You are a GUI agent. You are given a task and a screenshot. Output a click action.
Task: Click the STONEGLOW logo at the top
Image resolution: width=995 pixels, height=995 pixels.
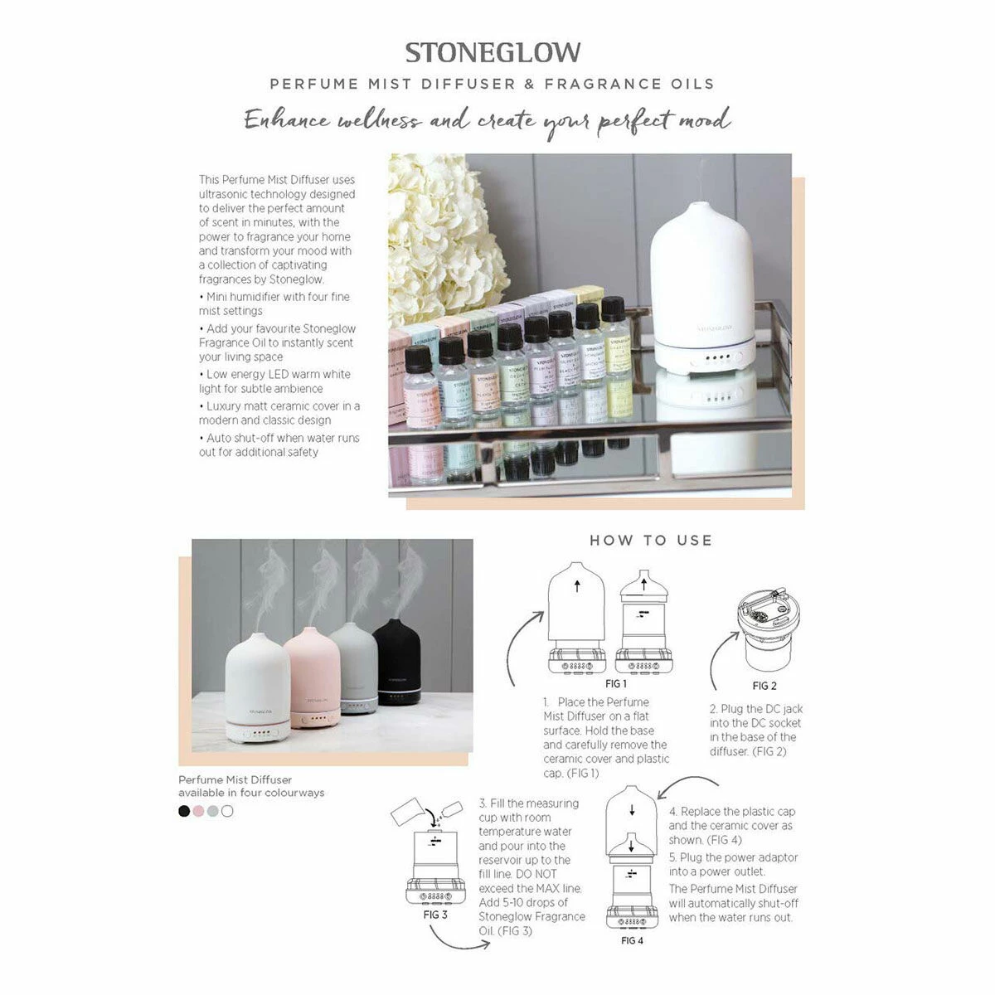[493, 52]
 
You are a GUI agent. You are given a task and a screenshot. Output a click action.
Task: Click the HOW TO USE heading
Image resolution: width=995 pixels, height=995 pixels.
[651, 541]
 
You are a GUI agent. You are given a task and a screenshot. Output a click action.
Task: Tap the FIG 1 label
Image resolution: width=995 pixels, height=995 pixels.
[615, 684]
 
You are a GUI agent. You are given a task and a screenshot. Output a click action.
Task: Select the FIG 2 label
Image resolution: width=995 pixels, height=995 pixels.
[764, 686]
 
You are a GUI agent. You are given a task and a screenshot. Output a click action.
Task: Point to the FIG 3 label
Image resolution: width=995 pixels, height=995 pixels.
[435, 915]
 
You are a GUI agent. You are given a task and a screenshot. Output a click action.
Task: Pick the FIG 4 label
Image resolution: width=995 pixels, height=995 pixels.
[632, 940]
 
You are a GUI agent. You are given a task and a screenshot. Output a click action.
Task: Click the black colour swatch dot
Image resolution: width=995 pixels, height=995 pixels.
[184, 811]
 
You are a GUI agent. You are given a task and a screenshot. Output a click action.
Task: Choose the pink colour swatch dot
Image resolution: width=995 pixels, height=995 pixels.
[198, 811]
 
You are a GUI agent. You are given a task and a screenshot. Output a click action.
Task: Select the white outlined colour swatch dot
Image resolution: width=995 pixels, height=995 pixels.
[227, 811]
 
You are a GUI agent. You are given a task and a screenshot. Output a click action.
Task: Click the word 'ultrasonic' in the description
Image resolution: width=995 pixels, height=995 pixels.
[226, 194]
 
